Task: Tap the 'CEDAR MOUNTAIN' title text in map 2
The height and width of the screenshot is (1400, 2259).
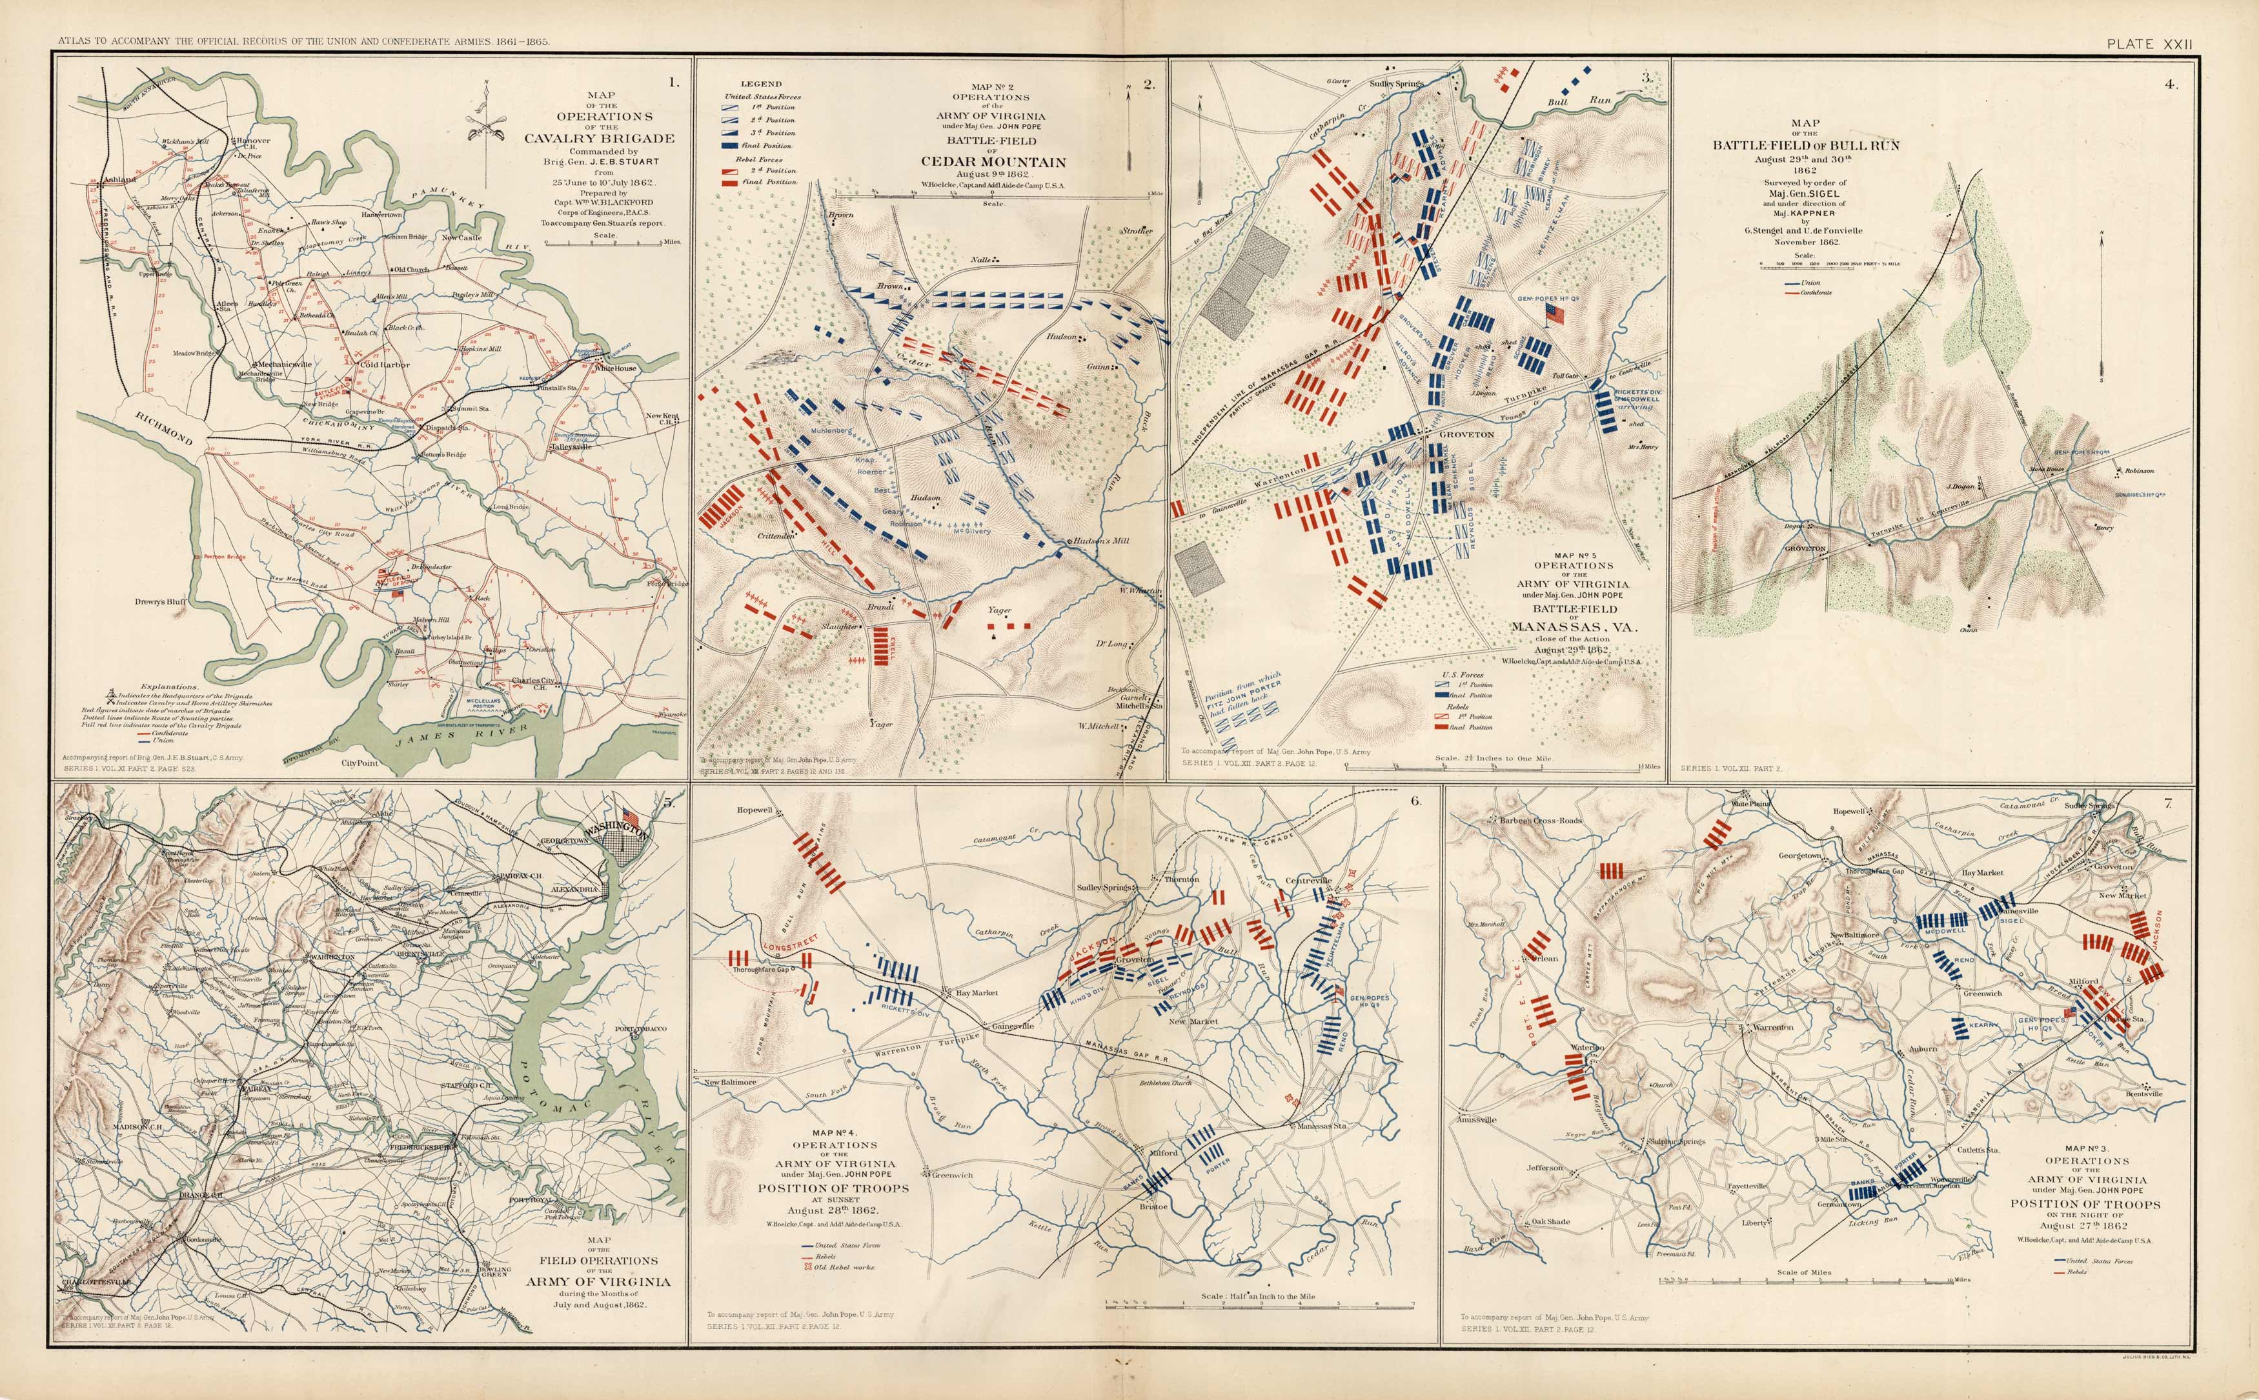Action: click(x=993, y=161)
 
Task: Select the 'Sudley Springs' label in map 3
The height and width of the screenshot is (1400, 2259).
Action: click(x=1396, y=83)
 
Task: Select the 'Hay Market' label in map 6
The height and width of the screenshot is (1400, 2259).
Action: click(x=977, y=993)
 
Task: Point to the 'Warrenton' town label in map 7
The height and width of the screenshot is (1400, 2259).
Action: click(x=1772, y=1027)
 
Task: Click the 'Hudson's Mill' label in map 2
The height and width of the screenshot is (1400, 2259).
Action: click(x=1097, y=541)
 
